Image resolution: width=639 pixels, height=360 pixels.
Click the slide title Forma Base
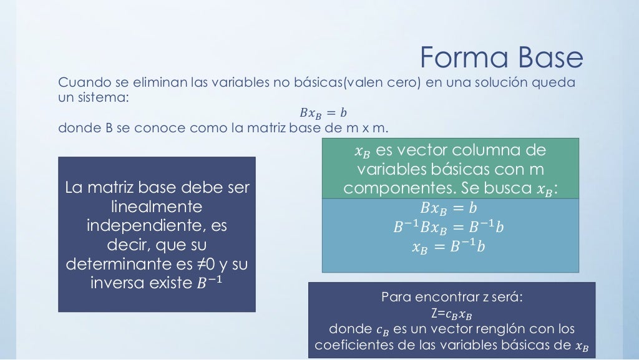501,58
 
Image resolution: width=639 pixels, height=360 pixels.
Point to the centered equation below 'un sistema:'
323,114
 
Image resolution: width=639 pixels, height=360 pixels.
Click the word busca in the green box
507,188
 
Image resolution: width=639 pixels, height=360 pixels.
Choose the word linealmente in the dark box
156,207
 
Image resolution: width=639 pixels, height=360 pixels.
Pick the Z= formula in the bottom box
452,313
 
